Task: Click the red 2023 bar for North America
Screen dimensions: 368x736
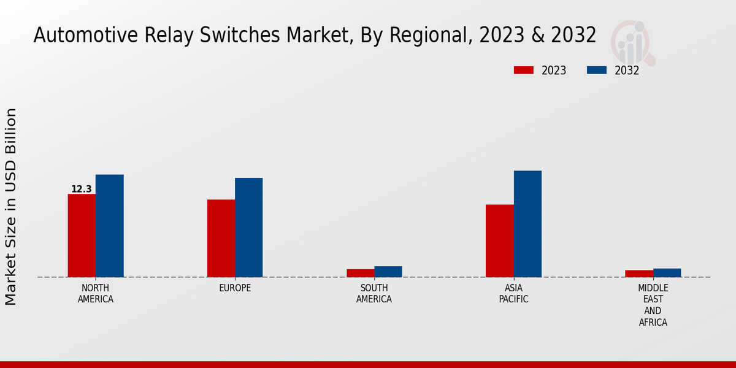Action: pyautogui.click(x=82, y=236)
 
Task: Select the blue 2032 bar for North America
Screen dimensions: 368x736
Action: pyautogui.click(x=109, y=226)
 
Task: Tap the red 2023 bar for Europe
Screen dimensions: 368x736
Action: pyautogui.click(x=221, y=238)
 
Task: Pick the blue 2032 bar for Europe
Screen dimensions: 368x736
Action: pyautogui.click(x=248, y=228)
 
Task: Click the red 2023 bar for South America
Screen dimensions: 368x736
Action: pyautogui.click(x=360, y=273)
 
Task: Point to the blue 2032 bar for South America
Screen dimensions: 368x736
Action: pyautogui.click(x=388, y=272)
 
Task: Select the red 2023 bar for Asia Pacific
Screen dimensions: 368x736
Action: pyautogui.click(x=499, y=240)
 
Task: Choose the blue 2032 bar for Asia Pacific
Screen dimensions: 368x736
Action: pyautogui.click(x=527, y=224)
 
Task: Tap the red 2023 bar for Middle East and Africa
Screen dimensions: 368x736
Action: pyautogui.click(x=639, y=274)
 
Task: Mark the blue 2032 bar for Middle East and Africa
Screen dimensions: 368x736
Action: pyautogui.click(x=667, y=273)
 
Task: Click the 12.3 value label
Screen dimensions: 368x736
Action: pyautogui.click(x=82, y=189)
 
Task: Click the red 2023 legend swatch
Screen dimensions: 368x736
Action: pyautogui.click(x=524, y=71)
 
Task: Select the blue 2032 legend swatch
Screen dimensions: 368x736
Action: pyautogui.click(x=597, y=71)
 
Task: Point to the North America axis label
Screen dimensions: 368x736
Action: pyautogui.click(x=96, y=294)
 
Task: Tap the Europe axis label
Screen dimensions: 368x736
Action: pyautogui.click(x=235, y=288)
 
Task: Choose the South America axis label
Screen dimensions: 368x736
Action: pyautogui.click(x=374, y=294)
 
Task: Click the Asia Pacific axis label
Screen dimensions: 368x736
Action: pyautogui.click(x=513, y=294)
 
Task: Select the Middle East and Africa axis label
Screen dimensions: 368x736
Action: pyautogui.click(x=653, y=305)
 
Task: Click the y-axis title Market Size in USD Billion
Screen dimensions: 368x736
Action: pyautogui.click(x=11, y=207)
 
